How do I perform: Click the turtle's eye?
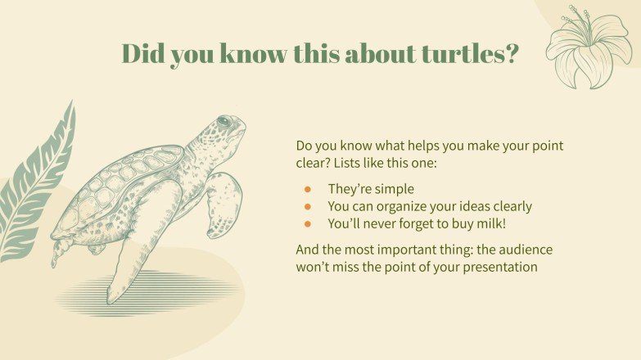pyautogui.click(x=224, y=122)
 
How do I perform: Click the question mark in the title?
pyautogui.click(x=512, y=54)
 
